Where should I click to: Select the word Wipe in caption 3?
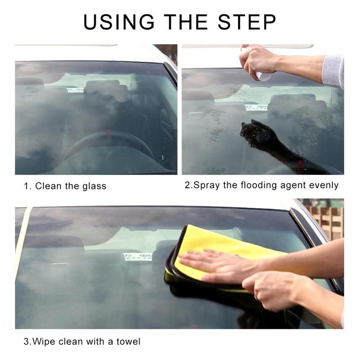tap(45, 342)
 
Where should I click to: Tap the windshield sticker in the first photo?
tap(75, 90)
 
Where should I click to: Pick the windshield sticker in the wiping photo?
tap(137, 256)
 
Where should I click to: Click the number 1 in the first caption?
tap(26, 186)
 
